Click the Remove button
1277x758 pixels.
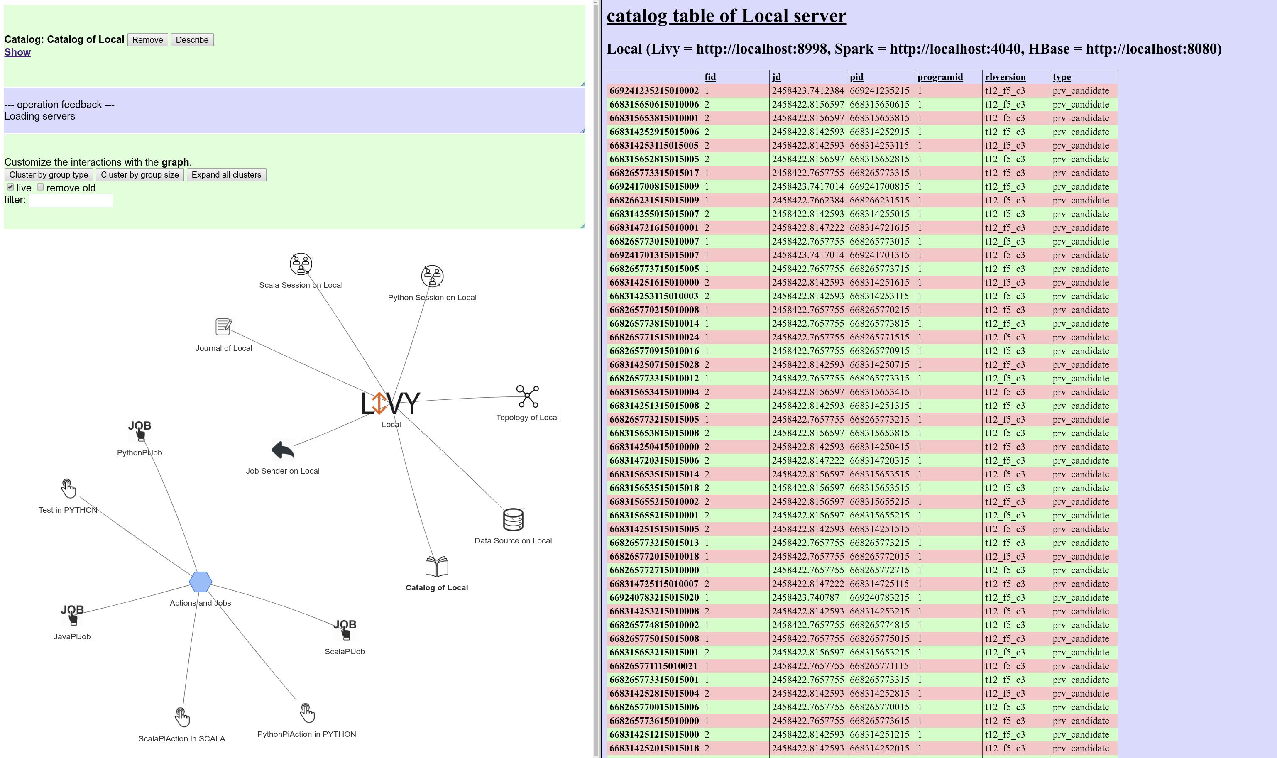point(147,40)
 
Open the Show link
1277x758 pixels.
point(17,52)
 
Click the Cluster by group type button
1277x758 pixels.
point(49,175)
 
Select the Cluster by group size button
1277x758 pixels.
point(139,175)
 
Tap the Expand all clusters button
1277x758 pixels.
point(226,175)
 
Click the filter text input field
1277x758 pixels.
point(71,200)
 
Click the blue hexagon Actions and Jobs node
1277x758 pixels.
point(200,582)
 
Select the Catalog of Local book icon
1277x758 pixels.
point(437,567)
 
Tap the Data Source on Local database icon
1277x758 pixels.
point(513,519)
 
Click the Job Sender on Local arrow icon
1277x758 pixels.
point(282,450)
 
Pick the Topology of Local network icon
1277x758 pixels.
point(527,396)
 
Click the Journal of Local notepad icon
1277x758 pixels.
point(224,327)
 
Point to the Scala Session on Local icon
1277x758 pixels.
point(301,264)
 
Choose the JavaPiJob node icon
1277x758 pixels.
point(72,614)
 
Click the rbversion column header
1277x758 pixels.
point(1005,77)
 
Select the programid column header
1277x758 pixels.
point(940,77)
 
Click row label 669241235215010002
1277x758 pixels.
point(654,91)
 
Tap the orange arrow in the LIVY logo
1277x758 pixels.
point(379,403)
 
